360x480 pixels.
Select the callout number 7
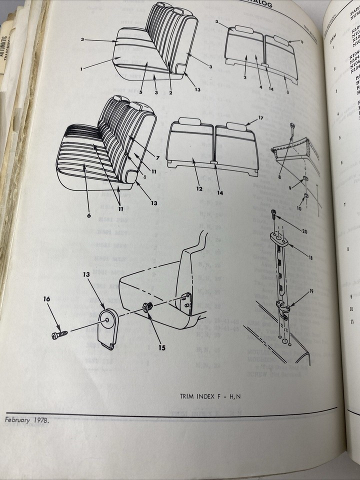click(x=157, y=158)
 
